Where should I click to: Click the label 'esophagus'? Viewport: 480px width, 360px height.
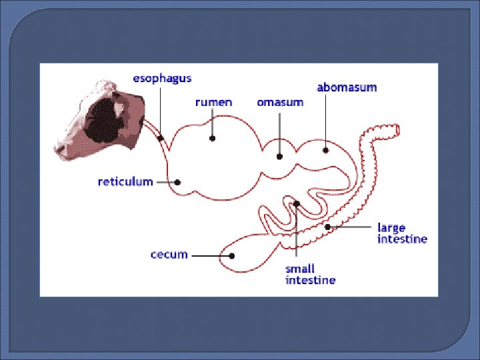point(162,78)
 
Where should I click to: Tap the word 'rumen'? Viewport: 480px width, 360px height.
point(213,102)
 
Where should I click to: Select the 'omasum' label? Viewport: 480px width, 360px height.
point(280,103)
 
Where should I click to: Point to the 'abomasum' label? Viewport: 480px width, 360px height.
point(347,87)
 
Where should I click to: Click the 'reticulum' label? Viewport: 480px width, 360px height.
point(125,181)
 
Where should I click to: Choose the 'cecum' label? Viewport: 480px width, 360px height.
point(169,255)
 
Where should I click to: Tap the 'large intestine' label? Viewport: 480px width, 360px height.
point(402,233)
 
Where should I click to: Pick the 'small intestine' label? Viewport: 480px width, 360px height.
point(310,275)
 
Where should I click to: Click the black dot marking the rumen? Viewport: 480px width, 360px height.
point(213,139)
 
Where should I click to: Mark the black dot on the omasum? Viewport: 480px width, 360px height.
point(280,157)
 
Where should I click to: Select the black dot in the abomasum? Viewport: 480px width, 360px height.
point(326,150)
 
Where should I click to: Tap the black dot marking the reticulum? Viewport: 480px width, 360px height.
point(177,182)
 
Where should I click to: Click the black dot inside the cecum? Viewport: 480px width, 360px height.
point(232,255)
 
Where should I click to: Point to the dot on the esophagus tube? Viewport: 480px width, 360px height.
point(161,137)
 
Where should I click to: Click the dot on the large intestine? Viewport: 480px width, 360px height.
point(327,227)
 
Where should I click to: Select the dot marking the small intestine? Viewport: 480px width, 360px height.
point(297,203)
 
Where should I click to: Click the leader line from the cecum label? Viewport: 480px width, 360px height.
point(209,255)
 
